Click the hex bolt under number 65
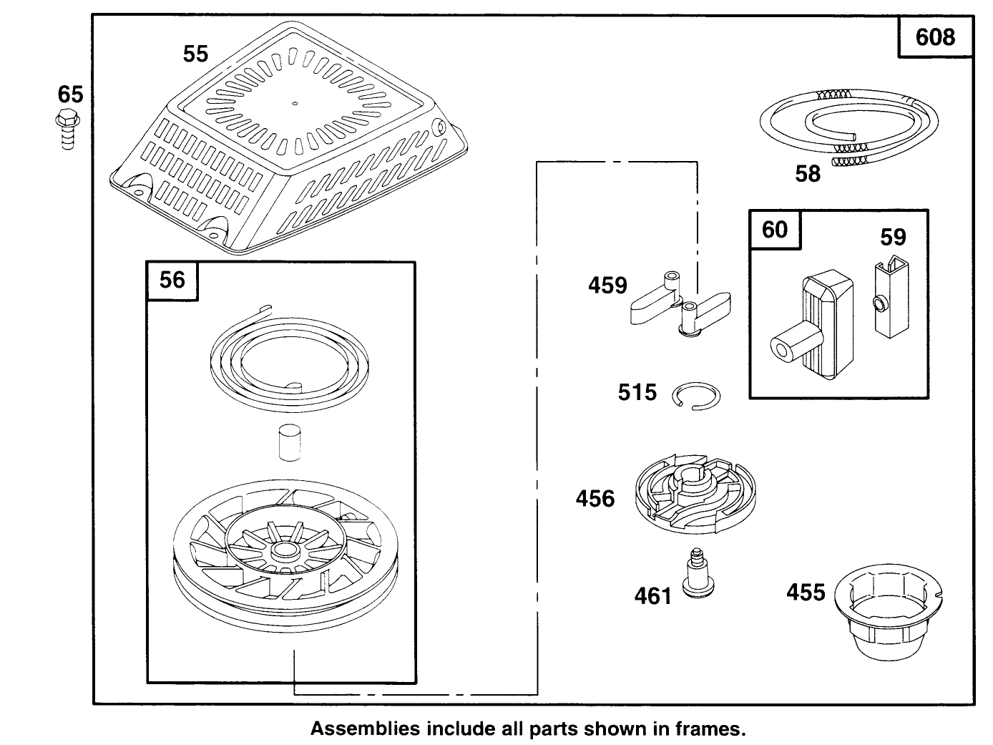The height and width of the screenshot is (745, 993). (x=68, y=130)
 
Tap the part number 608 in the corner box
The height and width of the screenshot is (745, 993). (x=935, y=37)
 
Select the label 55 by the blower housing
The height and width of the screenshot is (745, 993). (x=195, y=54)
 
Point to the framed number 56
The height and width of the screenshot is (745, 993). (x=172, y=280)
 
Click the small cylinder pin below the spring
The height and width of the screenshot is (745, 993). (x=290, y=442)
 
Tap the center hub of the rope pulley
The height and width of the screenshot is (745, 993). (x=284, y=550)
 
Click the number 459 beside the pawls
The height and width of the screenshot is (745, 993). (x=607, y=286)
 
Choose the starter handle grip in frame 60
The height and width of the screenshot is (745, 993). (x=812, y=324)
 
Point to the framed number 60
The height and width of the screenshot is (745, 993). (x=775, y=229)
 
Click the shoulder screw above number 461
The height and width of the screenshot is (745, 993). (x=697, y=573)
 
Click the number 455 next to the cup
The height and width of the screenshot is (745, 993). (x=806, y=593)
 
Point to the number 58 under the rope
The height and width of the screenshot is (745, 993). (x=808, y=174)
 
